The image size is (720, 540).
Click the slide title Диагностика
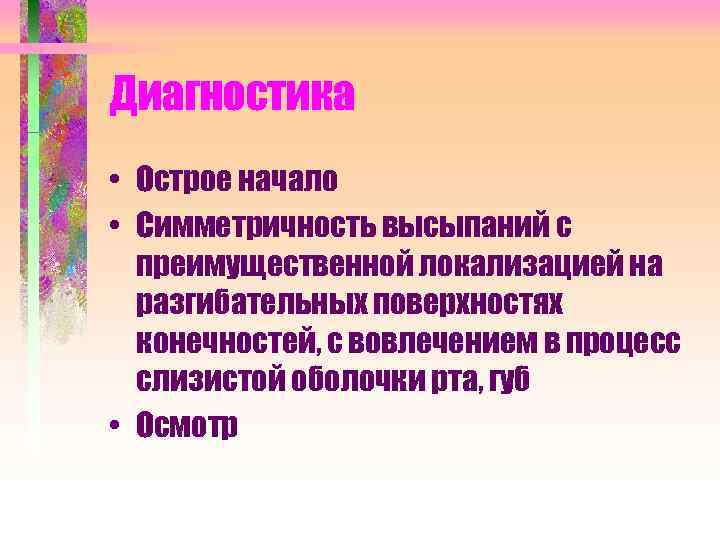pyautogui.click(x=232, y=95)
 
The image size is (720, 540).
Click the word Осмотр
pyautogui.click(x=188, y=425)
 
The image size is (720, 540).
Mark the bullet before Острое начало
pyautogui.click(x=117, y=182)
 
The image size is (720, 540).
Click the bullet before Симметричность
pyautogui.click(x=117, y=227)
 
